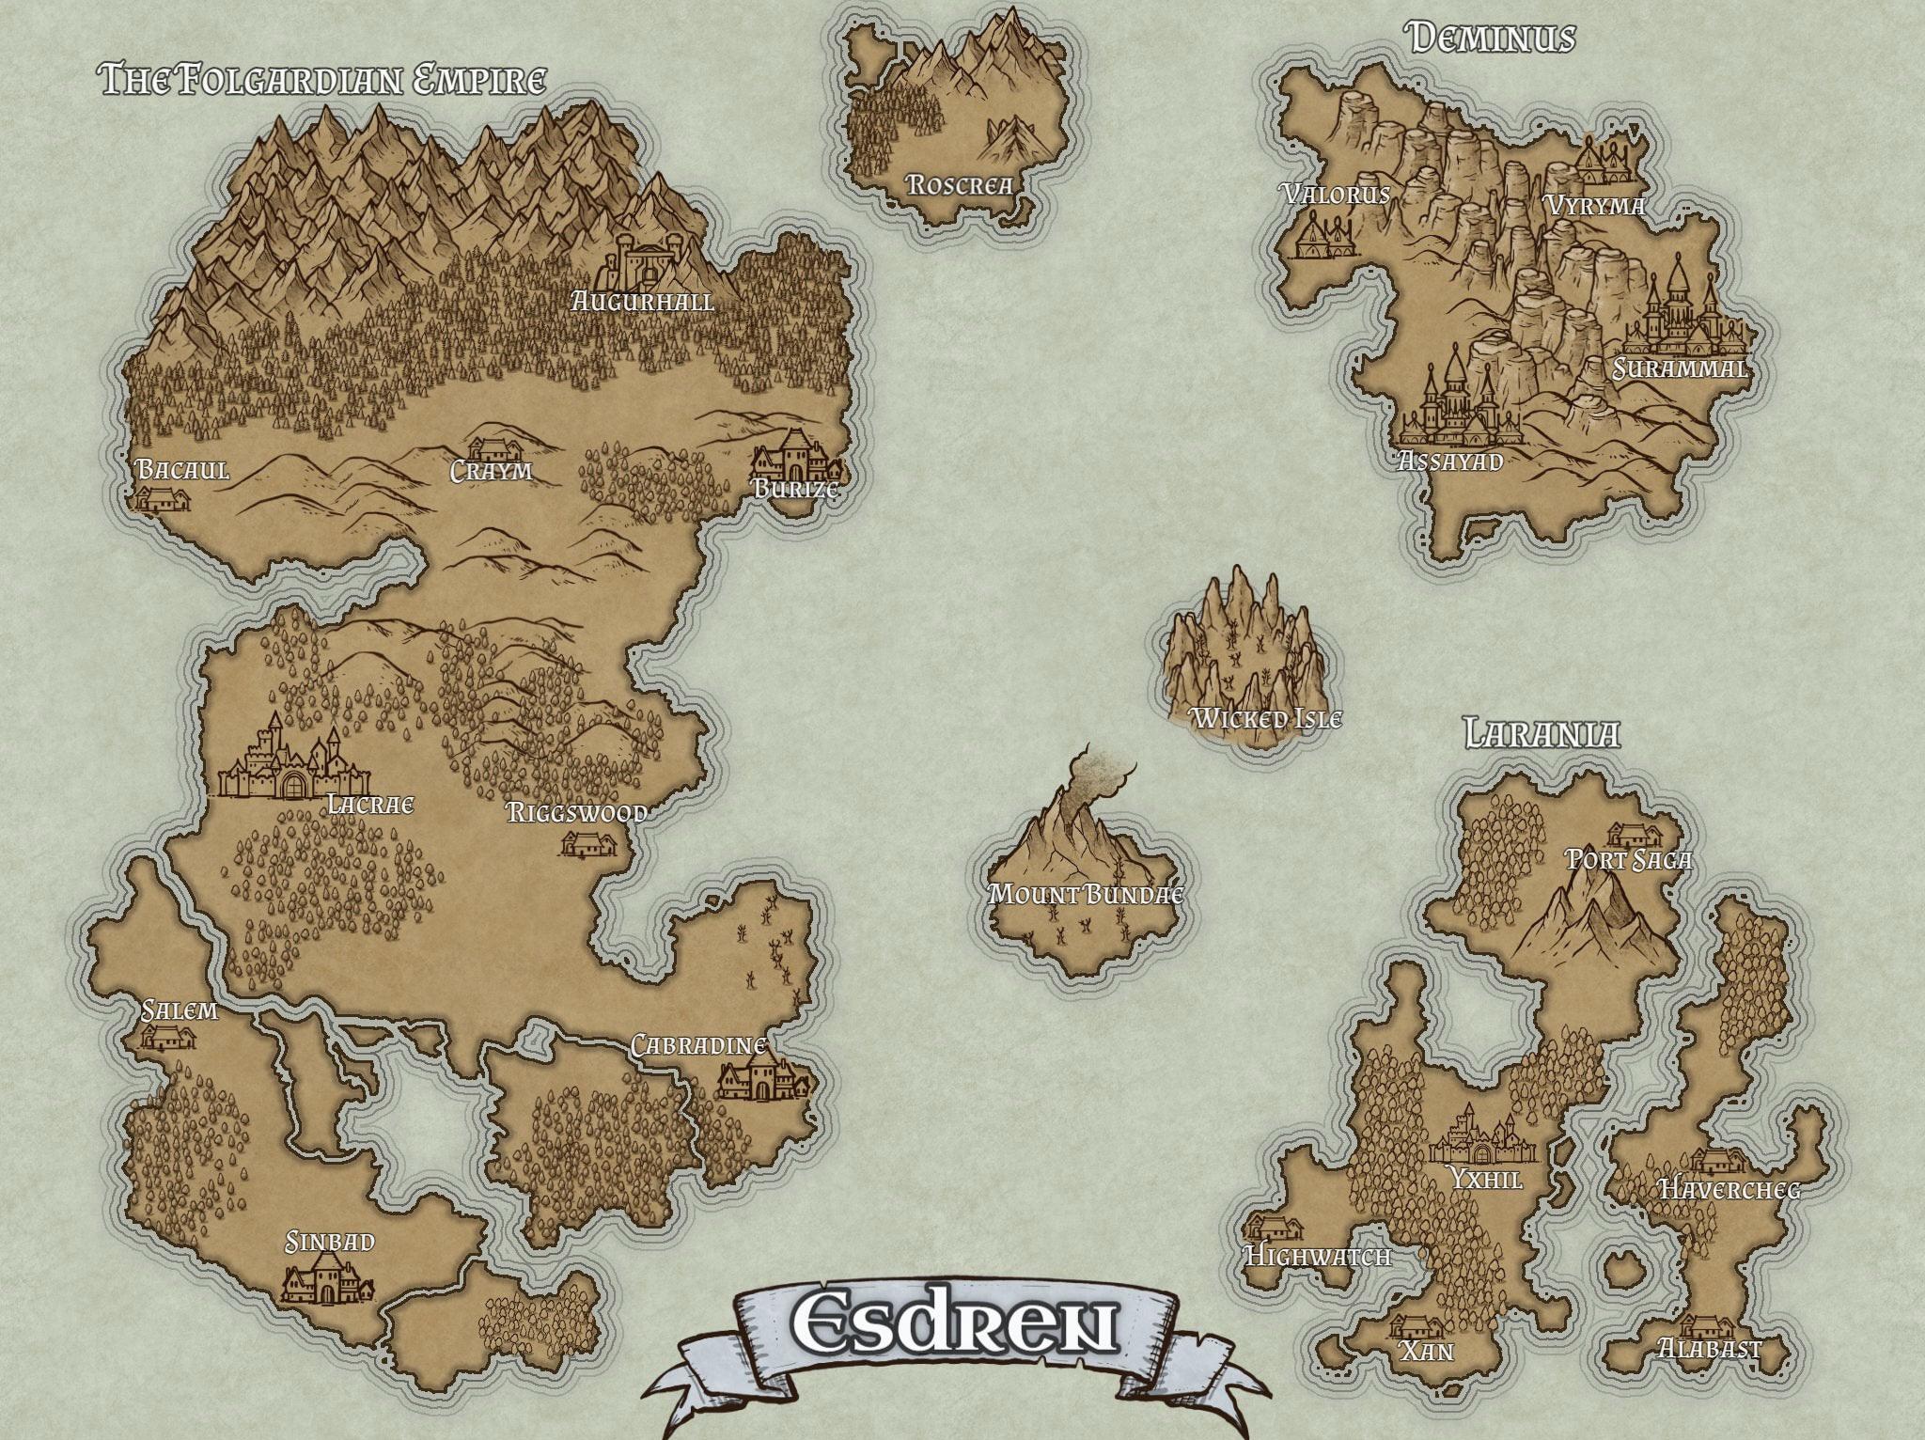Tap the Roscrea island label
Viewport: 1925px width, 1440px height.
pos(960,184)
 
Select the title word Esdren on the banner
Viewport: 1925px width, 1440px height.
pos(955,1323)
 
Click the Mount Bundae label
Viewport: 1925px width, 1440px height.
pos(1085,894)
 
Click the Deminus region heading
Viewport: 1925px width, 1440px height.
pos(1491,39)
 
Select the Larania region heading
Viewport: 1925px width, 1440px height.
pos(1542,733)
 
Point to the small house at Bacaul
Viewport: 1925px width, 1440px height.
pos(163,498)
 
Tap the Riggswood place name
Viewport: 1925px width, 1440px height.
pos(576,813)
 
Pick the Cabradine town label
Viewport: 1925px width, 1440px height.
pos(697,1045)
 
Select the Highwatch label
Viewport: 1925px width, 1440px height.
pos(1316,1256)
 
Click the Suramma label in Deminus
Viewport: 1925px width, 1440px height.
pos(1679,368)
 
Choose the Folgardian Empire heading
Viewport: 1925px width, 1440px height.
pos(323,81)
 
